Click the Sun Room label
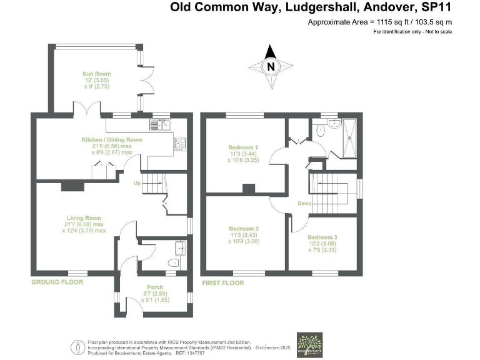(98, 74)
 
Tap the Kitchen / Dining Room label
(112, 140)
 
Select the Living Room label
(84, 218)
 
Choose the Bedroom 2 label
(244, 229)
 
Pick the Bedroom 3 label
(322, 237)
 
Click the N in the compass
(271, 66)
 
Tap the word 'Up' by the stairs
(137, 183)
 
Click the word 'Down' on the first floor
(305, 203)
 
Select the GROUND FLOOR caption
(57, 282)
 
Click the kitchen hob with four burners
(181, 143)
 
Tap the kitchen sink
(165, 126)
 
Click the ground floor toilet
(173, 263)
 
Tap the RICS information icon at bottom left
(77, 346)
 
